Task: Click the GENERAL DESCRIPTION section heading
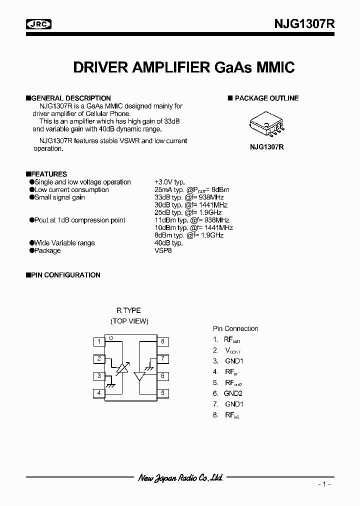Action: pyautogui.click(x=70, y=98)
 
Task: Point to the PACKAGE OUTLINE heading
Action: pyautogui.click(x=266, y=98)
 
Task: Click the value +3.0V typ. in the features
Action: pyautogui.click(x=169, y=182)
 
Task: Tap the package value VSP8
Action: pyautogui.click(x=163, y=250)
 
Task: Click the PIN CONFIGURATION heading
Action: pyautogui.click(x=65, y=275)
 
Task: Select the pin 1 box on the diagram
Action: pyautogui.click(x=99, y=342)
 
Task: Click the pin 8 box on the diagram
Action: pyautogui.click(x=162, y=342)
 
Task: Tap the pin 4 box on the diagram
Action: pyautogui.click(x=99, y=393)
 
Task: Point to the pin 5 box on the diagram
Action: pyautogui.click(x=162, y=393)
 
